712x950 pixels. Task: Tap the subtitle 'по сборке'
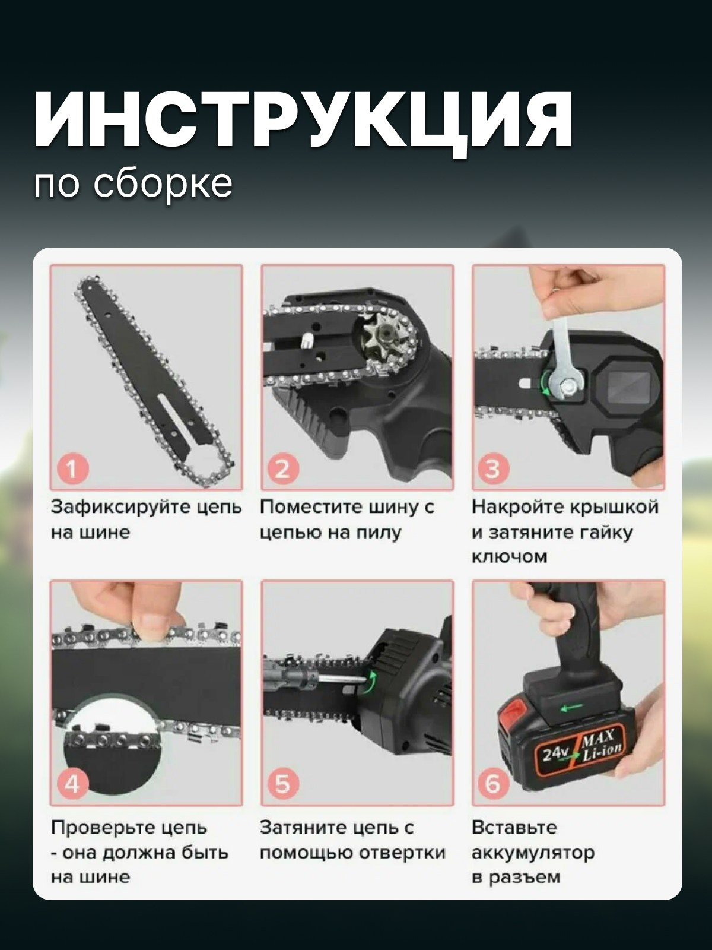point(133,183)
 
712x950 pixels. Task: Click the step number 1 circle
point(72,469)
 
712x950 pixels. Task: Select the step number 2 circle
point(282,469)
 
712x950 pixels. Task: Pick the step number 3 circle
point(492,469)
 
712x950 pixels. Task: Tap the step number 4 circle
point(72,783)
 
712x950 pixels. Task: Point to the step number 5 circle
point(282,783)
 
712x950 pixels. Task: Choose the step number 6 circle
point(492,783)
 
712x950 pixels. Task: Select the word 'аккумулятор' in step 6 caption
point(532,853)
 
